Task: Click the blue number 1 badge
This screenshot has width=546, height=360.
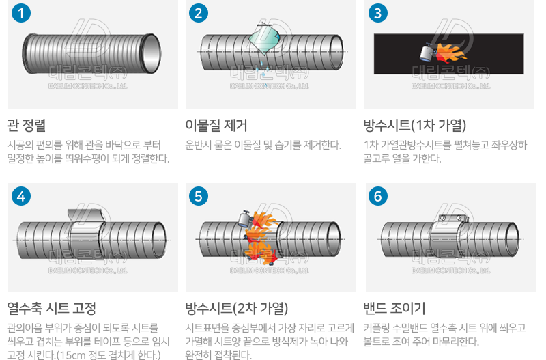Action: (23, 13)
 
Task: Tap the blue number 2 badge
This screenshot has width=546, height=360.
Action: (199, 13)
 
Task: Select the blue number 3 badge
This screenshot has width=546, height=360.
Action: (377, 13)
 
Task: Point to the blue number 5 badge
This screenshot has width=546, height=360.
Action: (199, 197)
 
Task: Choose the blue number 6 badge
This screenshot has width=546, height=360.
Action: (377, 197)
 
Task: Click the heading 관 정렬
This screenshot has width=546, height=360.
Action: (27, 125)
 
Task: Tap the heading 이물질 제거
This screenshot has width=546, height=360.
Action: (216, 125)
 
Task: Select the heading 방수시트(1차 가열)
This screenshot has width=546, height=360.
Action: (415, 125)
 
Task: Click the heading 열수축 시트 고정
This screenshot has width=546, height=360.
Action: (52, 308)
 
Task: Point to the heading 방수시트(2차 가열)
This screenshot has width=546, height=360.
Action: (237, 308)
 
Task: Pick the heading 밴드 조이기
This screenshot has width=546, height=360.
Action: (394, 308)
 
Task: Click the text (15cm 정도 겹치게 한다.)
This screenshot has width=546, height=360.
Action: (109, 355)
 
